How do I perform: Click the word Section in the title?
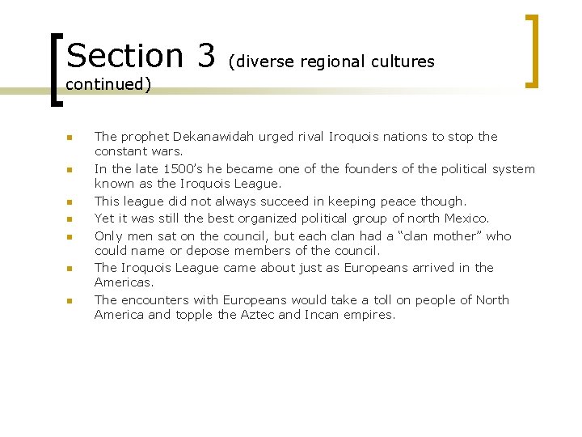124,55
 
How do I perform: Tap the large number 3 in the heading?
205,55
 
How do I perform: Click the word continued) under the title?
108,84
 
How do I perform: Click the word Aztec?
258,315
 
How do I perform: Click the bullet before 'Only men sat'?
70,237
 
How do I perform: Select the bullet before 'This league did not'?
70,202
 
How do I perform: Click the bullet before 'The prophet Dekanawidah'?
70,138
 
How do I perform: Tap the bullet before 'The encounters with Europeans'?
70,301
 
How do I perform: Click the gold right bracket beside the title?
533,49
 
